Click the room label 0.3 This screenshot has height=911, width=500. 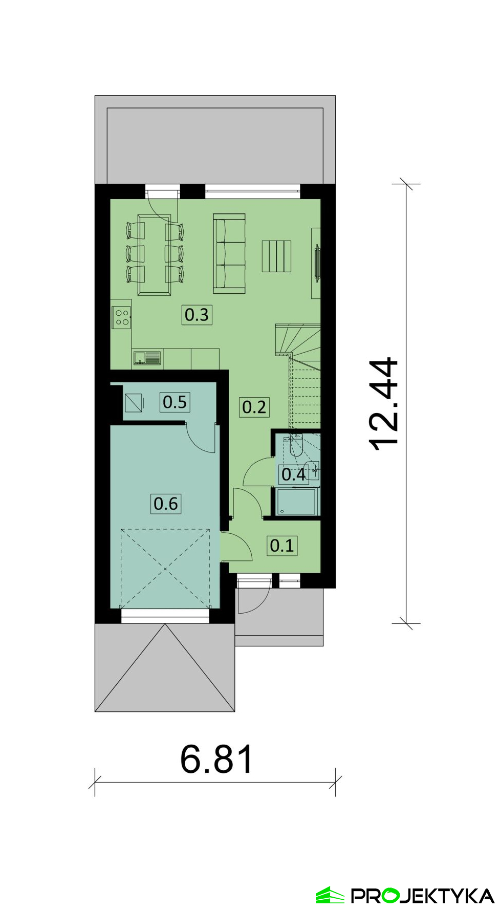pyautogui.click(x=197, y=315)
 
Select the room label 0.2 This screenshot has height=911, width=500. pyautogui.click(x=254, y=407)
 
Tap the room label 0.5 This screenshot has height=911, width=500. pyautogui.click(x=175, y=402)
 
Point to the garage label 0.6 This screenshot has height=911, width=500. pyautogui.click(x=166, y=504)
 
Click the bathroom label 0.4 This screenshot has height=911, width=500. pyautogui.click(x=294, y=474)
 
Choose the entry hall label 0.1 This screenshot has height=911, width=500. pyautogui.click(x=282, y=545)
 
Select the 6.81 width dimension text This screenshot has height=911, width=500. pyautogui.click(x=217, y=759)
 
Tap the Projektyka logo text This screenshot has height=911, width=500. pyautogui.click(x=422, y=896)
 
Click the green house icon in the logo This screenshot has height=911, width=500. pyautogui.click(x=330, y=895)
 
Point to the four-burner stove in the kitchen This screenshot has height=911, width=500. pyautogui.click(x=122, y=317)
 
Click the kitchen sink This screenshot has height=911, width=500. pyautogui.click(x=146, y=358)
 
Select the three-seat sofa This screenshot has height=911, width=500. pyautogui.click(x=229, y=254)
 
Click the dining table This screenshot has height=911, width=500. pyautogui.click(x=154, y=254)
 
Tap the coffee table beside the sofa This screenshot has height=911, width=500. pyautogui.click(x=276, y=256)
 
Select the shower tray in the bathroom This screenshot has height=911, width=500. pyautogui.click(x=297, y=502)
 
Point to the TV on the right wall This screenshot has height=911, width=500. pyautogui.click(x=317, y=262)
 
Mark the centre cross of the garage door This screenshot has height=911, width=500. pyautogui.click(x=165, y=568)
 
